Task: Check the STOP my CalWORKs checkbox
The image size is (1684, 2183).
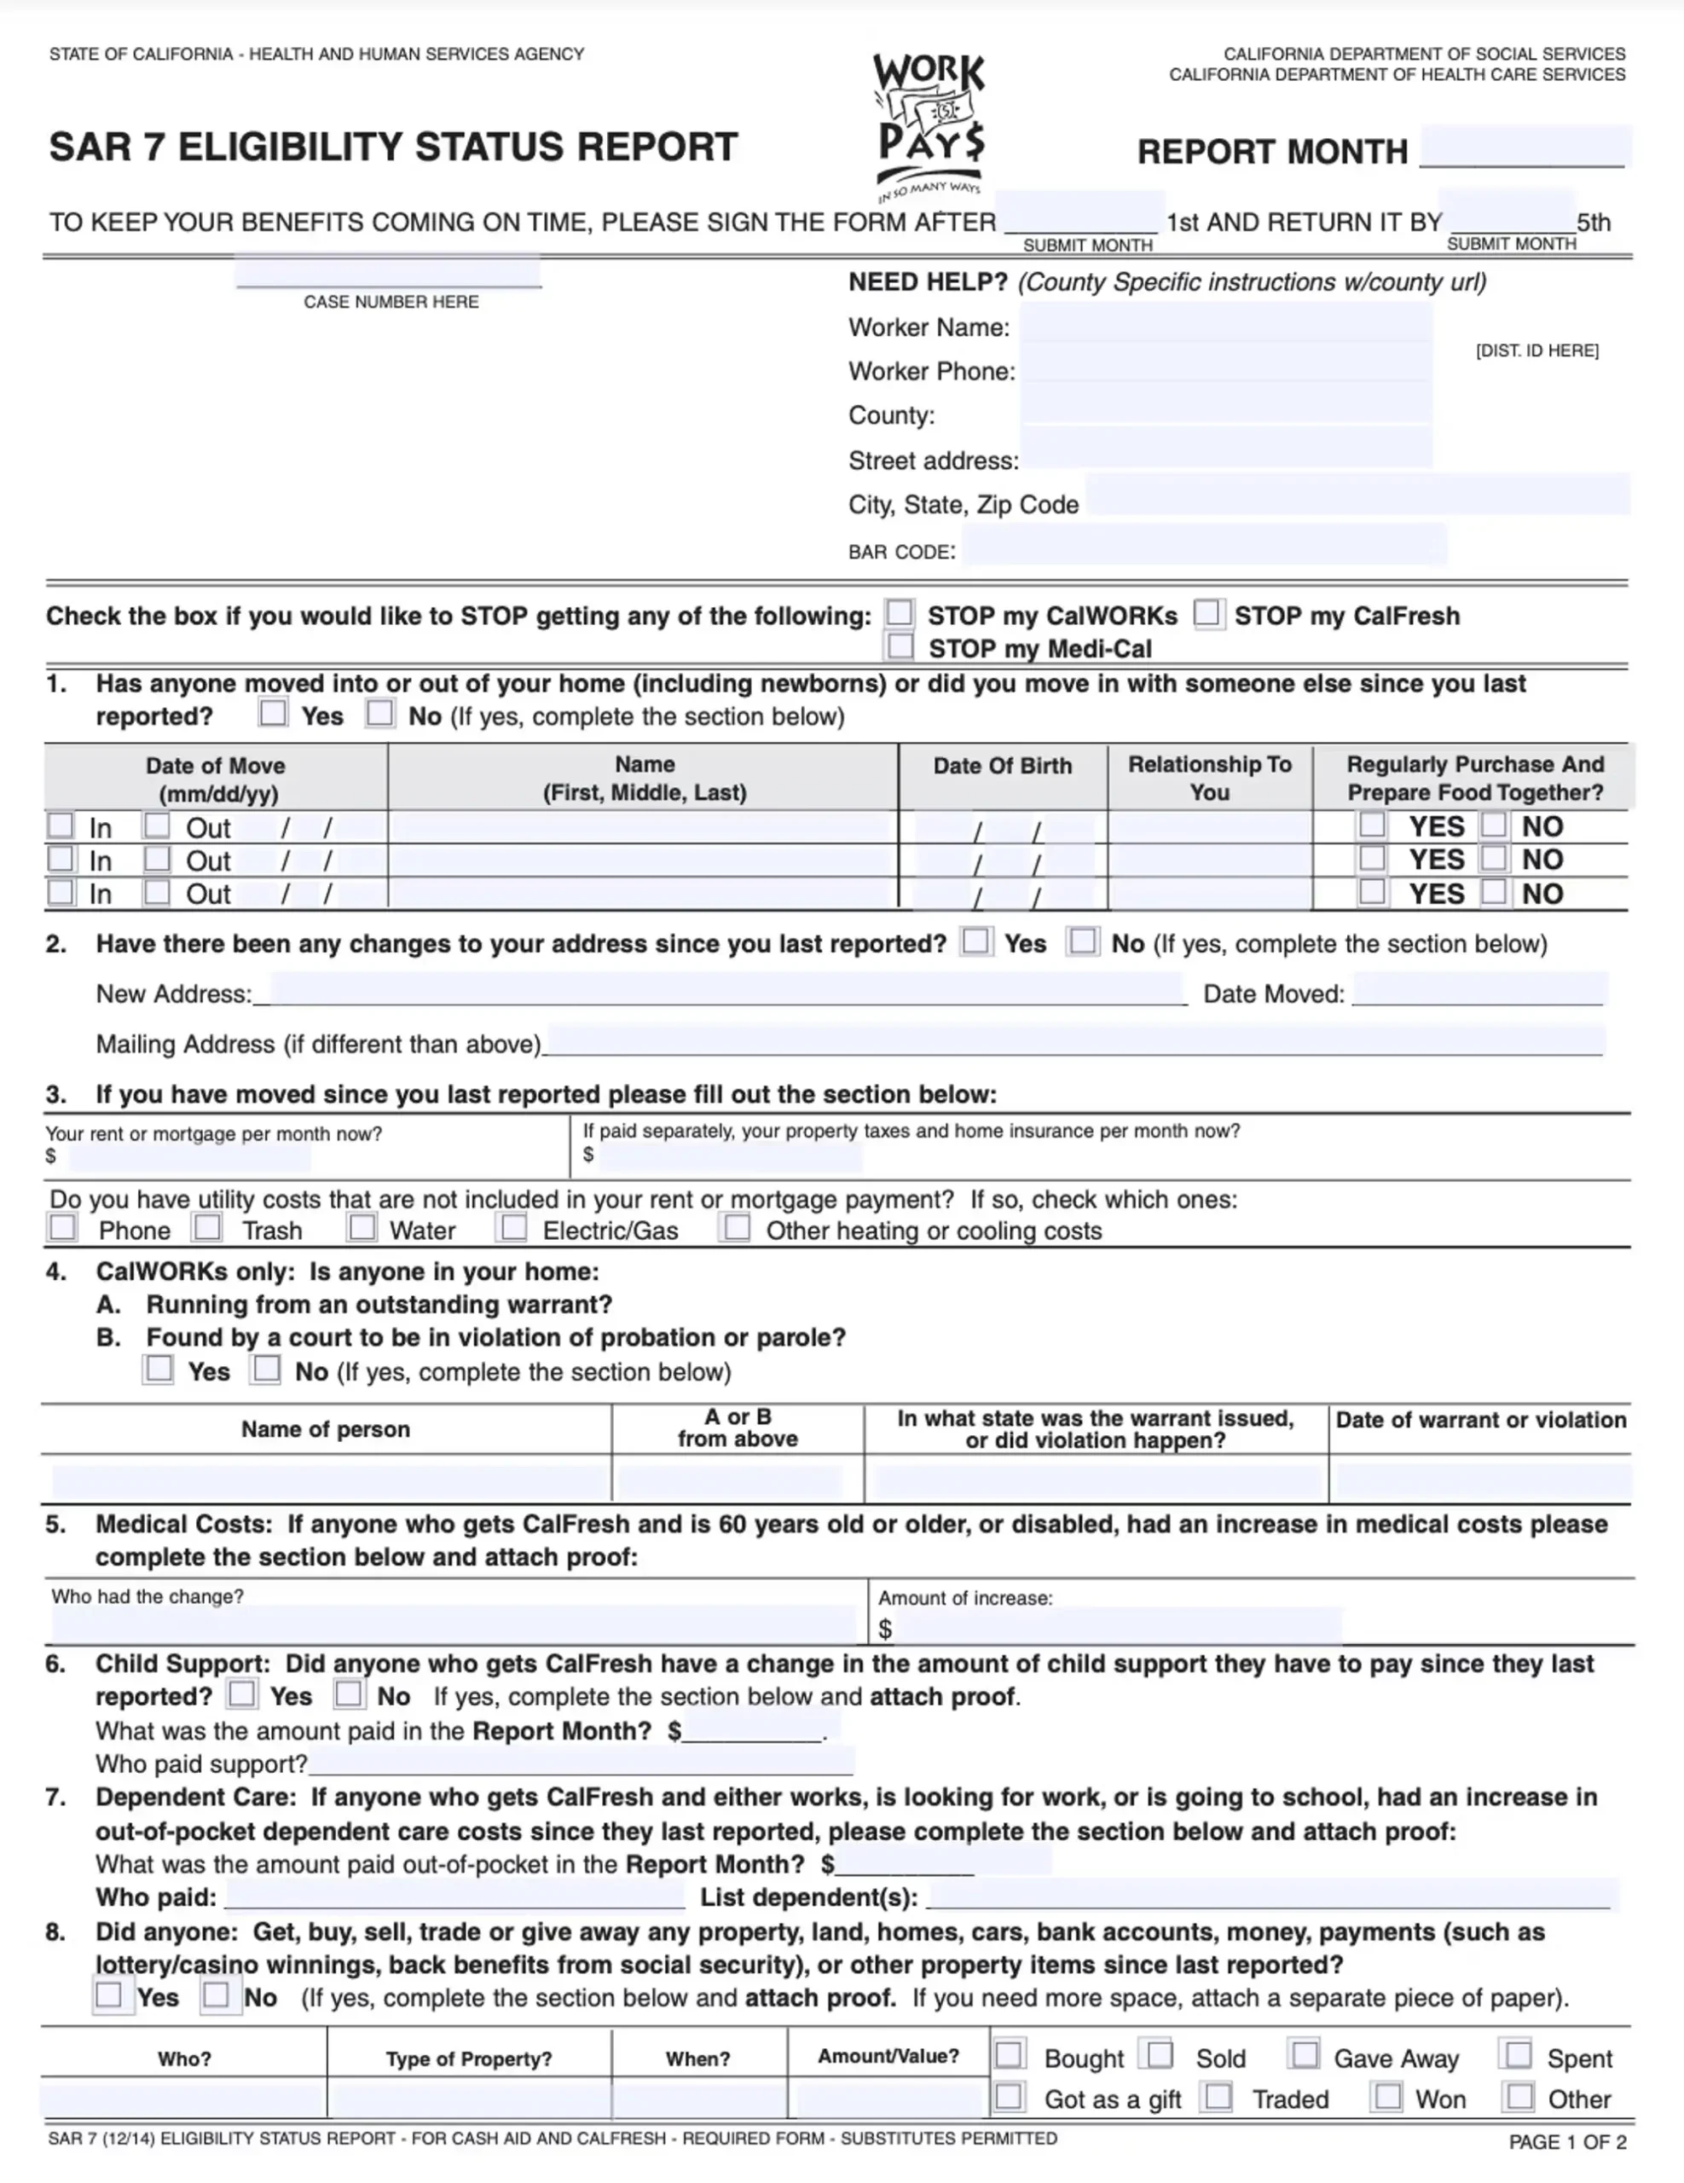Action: (900, 613)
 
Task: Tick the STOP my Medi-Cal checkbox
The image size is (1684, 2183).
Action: (900, 646)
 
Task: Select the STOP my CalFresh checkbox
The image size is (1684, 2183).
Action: (1208, 613)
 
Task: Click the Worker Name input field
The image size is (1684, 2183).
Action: (1225, 326)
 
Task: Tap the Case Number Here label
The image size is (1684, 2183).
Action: (391, 302)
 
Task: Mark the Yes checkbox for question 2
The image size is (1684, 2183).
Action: (975, 941)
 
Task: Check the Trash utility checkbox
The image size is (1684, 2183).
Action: (208, 1226)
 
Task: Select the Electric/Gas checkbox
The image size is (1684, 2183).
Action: (513, 1226)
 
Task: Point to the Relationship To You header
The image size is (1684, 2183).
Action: (1209, 778)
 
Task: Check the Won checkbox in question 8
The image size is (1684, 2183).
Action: (1387, 2096)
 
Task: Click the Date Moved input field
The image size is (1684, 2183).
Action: (1479, 991)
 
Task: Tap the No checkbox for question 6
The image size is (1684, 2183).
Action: (348, 1694)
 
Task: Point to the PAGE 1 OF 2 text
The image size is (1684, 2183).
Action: (1567, 2142)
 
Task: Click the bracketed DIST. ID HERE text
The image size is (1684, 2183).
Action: (1536, 350)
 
